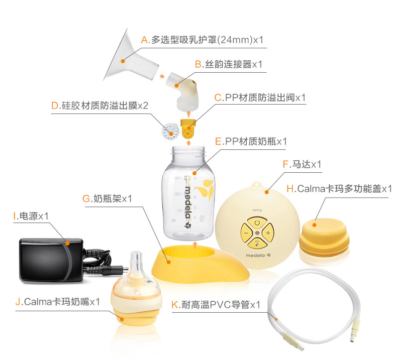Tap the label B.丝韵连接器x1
(228, 64)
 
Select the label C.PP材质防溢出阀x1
(260, 98)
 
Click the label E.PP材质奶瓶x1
(251, 141)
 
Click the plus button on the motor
(268, 233)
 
